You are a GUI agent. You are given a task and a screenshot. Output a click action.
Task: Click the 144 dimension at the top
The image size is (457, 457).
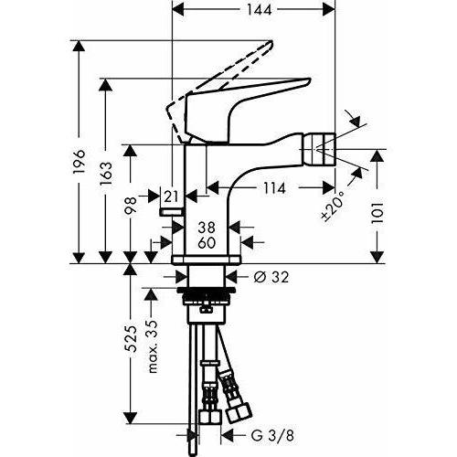point(255,13)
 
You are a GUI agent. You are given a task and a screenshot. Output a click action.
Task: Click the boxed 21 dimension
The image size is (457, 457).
point(172,194)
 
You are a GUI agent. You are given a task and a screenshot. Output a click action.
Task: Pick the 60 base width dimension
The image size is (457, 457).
point(206,243)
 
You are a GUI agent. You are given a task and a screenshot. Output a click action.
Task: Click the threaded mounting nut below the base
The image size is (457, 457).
point(207,298)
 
